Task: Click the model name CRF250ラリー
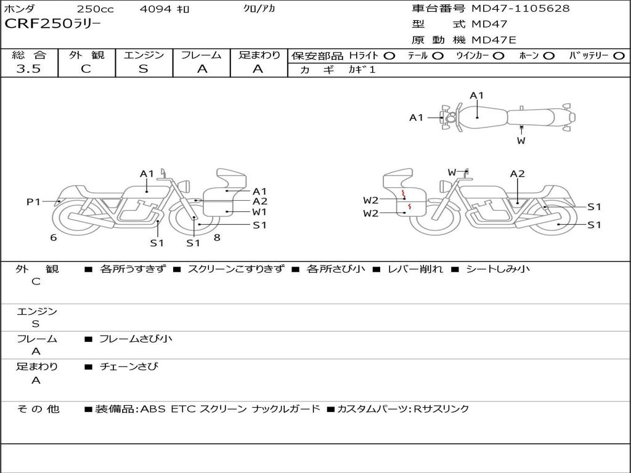[53, 23]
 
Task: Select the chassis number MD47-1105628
[520, 8]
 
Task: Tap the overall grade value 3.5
[29, 69]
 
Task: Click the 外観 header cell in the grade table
[86, 55]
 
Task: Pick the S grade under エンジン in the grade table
[144, 69]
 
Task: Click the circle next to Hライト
[389, 56]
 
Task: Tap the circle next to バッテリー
[619, 56]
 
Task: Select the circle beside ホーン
[549, 56]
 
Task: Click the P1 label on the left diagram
[33, 201]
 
